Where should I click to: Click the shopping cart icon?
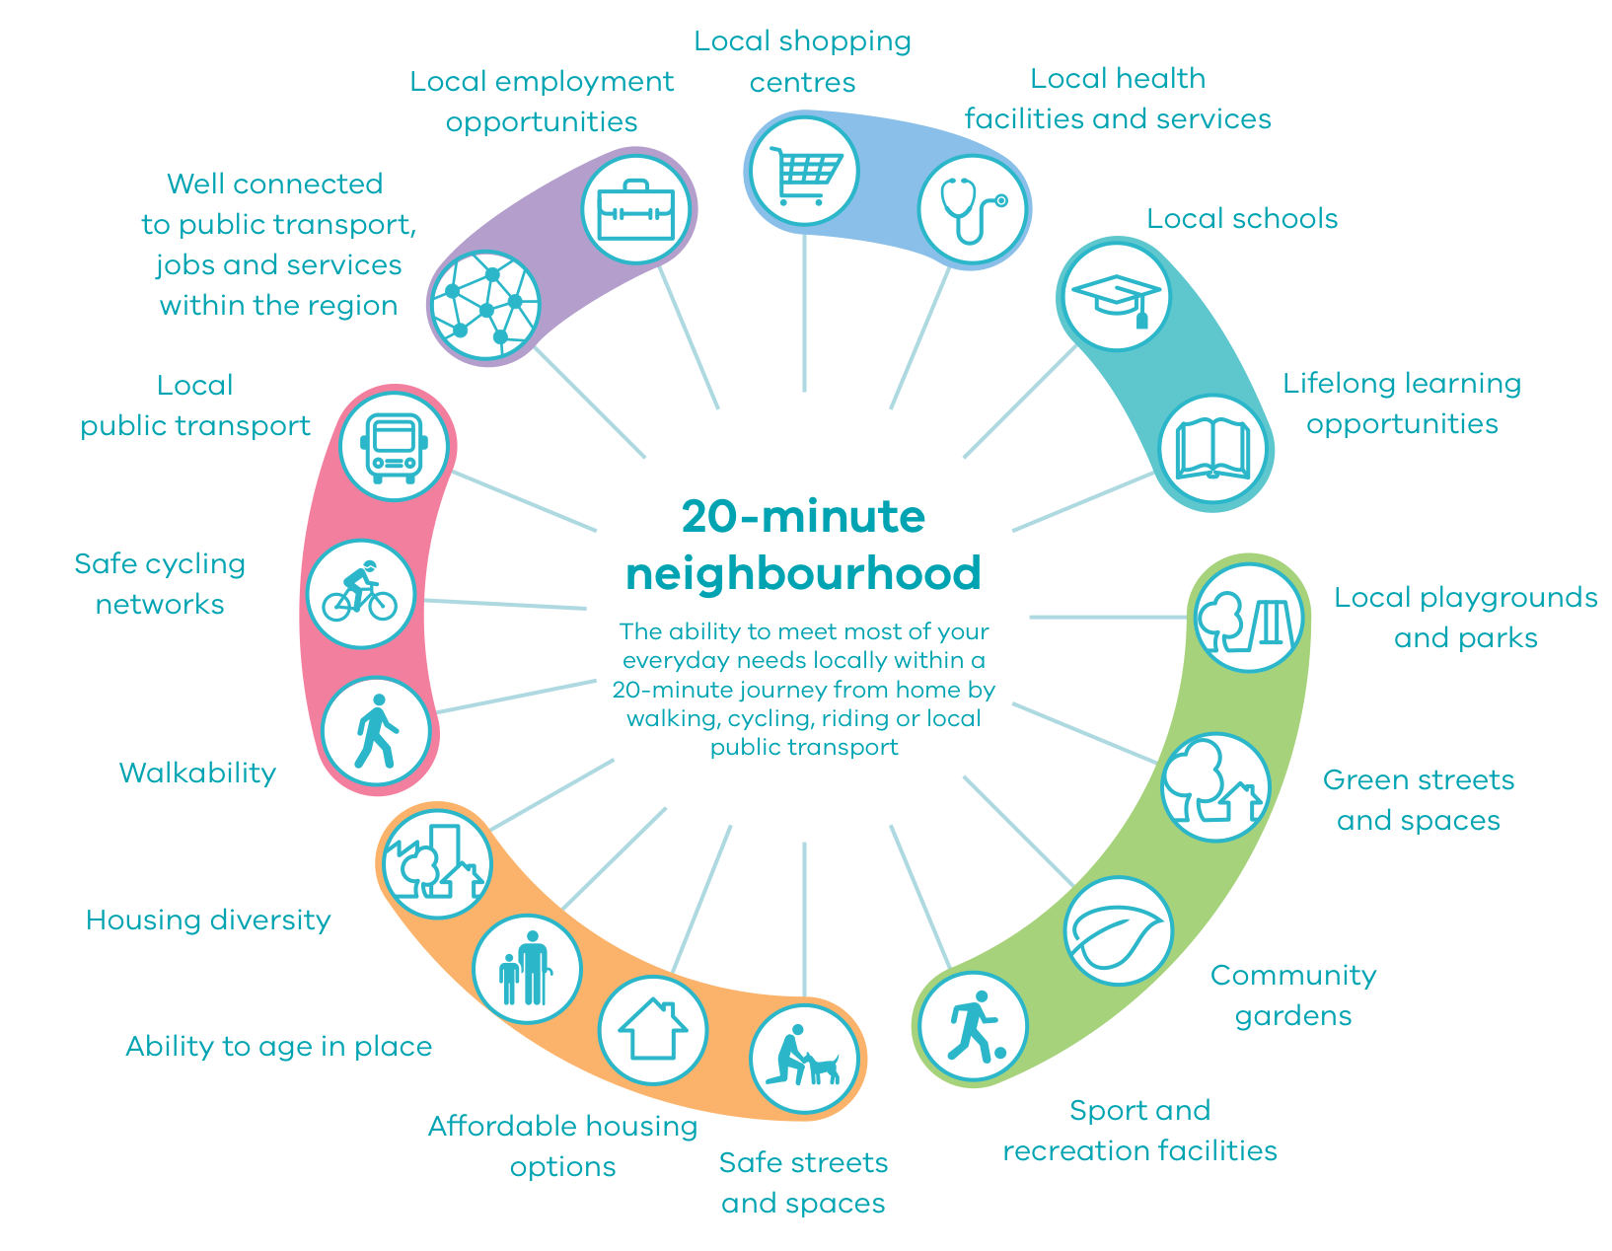point(804,172)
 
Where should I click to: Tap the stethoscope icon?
point(973,209)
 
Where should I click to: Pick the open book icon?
point(1212,450)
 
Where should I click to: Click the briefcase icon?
point(635,209)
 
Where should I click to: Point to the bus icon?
point(394,446)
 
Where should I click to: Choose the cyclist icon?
point(360,593)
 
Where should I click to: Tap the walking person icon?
point(376,731)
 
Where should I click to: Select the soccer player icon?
point(974,1026)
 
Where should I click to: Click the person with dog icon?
point(804,1058)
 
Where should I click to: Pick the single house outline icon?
point(653,1030)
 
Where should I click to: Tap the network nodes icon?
point(485,306)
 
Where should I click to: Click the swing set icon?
point(1249,619)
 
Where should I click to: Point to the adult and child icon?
point(526,968)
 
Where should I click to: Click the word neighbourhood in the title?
point(803,573)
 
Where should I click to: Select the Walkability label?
point(197,773)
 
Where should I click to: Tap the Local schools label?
point(1242,218)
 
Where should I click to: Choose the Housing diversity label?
point(208,920)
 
